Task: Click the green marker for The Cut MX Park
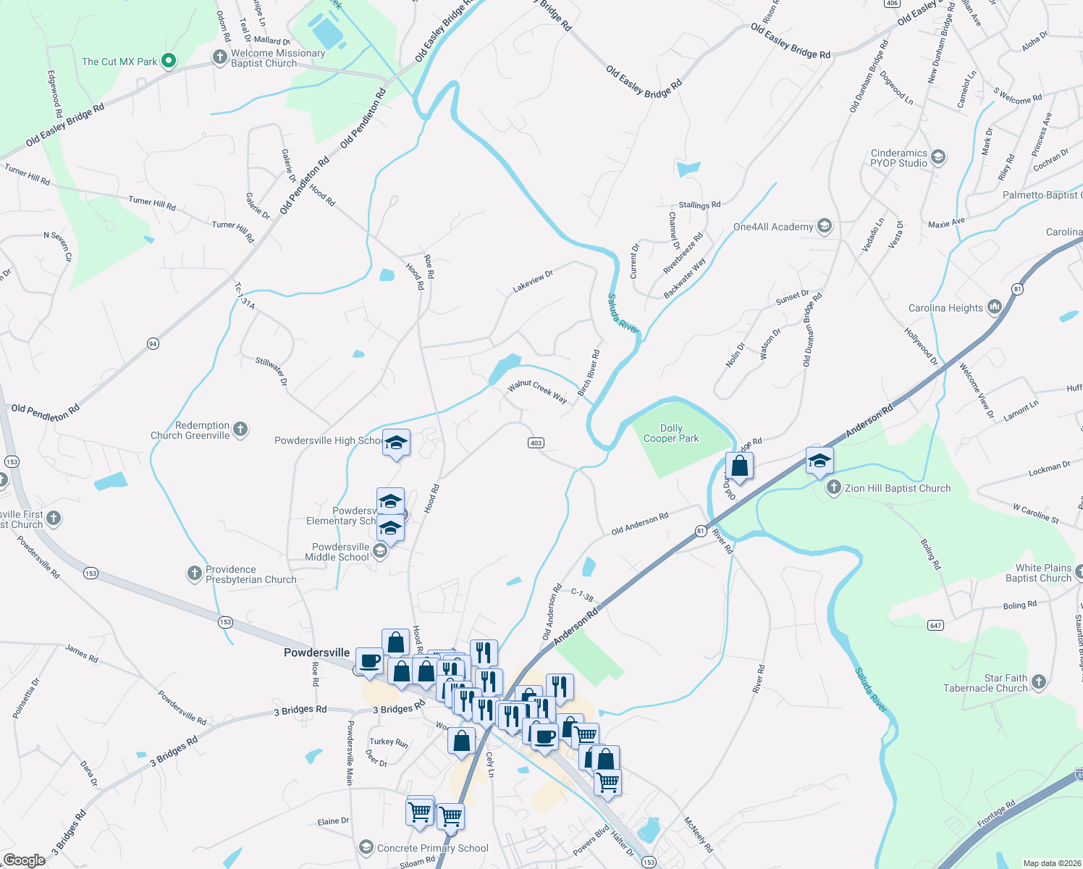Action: point(168,62)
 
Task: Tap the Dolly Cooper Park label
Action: point(671,433)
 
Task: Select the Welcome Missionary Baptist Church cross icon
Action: point(220,57)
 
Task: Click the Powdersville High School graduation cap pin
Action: point(396,442)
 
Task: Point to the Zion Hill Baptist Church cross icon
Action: point(834,488)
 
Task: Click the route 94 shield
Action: point(153,343)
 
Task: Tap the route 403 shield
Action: point(536,443)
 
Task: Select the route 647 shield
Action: point(936,625)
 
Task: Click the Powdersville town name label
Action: point(316,652)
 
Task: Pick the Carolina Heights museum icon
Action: point(994,308)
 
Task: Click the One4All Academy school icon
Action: point(824,227)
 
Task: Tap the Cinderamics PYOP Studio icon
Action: point(938,157)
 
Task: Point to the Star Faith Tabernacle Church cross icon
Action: point(1039,682)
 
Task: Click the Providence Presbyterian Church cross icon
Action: point(194,574)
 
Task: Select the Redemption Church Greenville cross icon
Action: point(240,430)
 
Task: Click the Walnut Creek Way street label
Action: point(537,391)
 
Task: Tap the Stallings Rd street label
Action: point(699,206)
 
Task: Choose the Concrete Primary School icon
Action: point(366,847)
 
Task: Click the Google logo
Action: point(25,860)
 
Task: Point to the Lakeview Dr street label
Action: point(533,281)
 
